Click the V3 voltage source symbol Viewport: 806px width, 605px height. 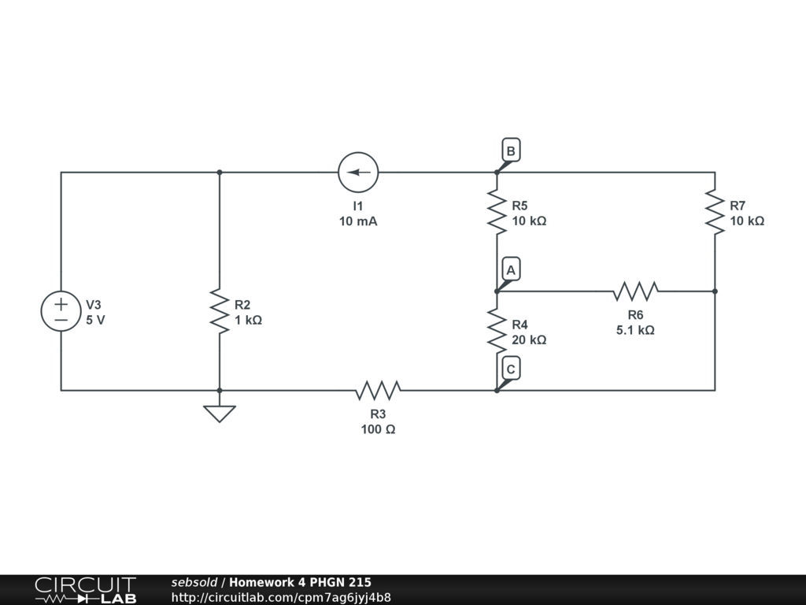pyautogui.click(x=61, y=310)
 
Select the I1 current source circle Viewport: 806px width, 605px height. pyautogui.click(x=358, y=173)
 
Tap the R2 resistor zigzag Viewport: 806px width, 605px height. pyautogui.click(x=220, y=310)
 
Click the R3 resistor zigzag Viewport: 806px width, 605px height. pyautogui.click(x=378, y=390)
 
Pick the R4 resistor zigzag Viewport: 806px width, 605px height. pyautogui.click(x=497, y=331)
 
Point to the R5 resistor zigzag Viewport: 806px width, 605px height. pyautogui.click(x=497, y=212)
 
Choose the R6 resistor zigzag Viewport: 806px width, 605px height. pyautogui.click(x=635, y=291)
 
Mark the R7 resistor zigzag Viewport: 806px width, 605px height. pyautogui.click(x=715, y=212)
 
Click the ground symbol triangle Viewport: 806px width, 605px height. pyautogui.click(x=220, y=413)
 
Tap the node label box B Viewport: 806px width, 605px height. pyautogui.click(x=511, y=150)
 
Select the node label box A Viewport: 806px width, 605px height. pyautogui.click(x=511, y=269)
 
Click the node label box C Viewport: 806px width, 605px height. pyautogui.click(x=511, y=369)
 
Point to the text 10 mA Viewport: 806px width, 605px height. pyautogui.click(x=358, y=221)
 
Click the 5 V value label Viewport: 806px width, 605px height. pyautogui.click(x=95, y=320)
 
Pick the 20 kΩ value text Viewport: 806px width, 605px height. pyautogui.click(x=529, y=340)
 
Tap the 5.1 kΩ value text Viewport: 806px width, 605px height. pyautogui.click(x=635, y=330)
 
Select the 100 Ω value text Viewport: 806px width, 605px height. pyautogui.click(x=378, y=429)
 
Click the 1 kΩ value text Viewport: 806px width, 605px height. pyautogui.click(x=248, y=320)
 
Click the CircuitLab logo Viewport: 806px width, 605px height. pyautogui.click(x=85, y=590)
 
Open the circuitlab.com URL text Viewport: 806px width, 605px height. pyautogui.click(x=281, y=597)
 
